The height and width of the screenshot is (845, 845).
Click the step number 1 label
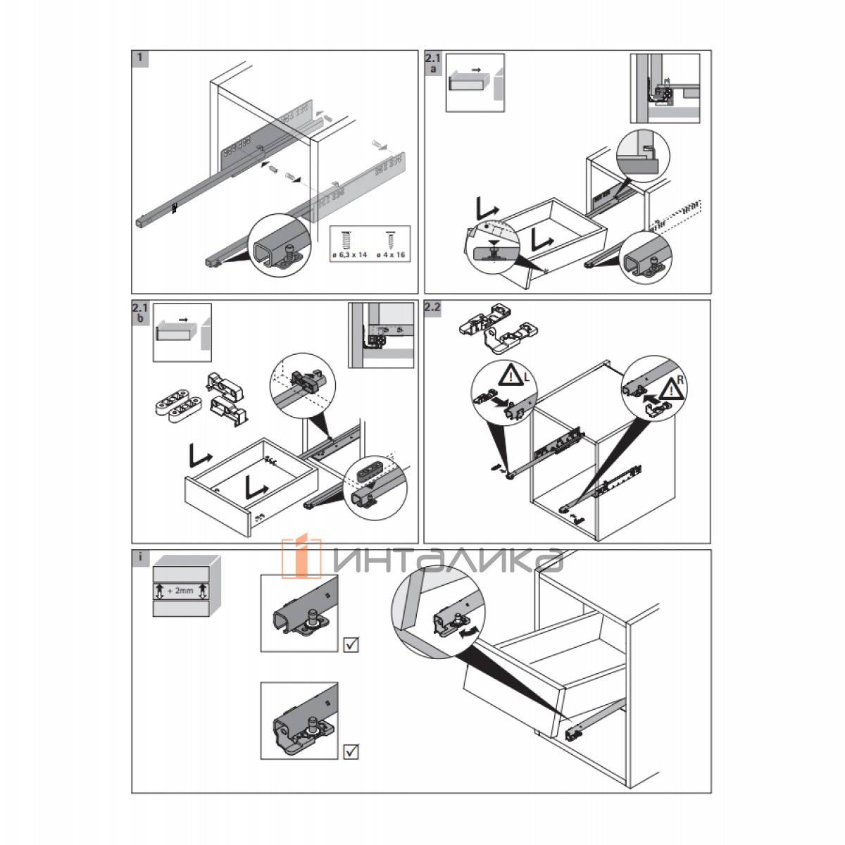[x=140, y=58]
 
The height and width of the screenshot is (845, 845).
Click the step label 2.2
[x=432, y=307]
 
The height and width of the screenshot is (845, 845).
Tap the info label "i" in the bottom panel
[x=140, y=558]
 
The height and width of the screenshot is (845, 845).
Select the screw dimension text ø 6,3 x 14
[x=349, y=255]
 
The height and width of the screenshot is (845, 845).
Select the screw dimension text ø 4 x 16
[x=391, y=255]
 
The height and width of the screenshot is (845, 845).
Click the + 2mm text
[x=180, y=591]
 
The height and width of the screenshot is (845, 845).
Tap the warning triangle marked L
[x=512, y=376]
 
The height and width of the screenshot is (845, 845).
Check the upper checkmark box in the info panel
[x=351, y=644]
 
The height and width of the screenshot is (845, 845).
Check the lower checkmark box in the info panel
[x=351, y=751]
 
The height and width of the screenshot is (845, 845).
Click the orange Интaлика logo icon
[x=301, y=557]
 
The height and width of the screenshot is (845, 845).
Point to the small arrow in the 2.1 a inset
[x=477, y=69]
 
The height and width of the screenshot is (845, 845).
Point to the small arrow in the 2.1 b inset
[x=184, y=319]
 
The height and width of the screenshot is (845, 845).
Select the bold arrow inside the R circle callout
[x=652, y=398]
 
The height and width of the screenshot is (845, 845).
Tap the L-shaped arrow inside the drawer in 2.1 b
[x=256, y=487]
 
